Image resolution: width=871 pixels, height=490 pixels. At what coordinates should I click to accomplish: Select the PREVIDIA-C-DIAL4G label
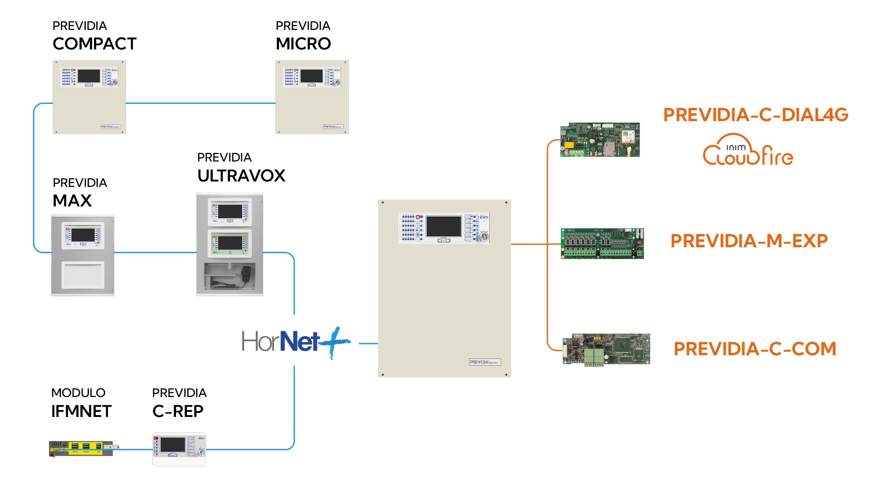756,115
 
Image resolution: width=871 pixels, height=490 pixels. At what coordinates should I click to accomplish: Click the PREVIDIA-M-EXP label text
749,241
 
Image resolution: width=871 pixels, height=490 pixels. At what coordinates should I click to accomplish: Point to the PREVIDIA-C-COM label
755,349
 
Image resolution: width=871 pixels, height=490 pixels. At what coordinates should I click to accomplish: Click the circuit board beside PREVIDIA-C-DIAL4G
600,140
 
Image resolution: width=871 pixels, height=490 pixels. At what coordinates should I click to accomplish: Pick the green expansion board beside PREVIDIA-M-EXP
602,244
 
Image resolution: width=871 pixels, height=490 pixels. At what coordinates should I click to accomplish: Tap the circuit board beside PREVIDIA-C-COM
606,349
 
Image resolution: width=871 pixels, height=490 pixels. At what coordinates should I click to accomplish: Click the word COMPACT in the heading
94,44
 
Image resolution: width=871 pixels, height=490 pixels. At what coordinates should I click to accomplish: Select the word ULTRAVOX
241,176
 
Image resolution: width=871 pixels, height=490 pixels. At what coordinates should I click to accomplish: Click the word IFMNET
81,412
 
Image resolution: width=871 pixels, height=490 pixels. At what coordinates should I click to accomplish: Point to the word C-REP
178,412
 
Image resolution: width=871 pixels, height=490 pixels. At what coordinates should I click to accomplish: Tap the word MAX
72,201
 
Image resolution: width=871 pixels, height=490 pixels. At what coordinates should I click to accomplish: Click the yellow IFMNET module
82,448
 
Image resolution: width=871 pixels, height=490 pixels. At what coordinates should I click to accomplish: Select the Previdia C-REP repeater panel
179,449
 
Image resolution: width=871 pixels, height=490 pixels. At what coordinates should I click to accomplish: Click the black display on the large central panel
444,226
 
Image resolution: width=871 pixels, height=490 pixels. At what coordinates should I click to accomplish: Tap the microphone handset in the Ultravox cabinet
246,274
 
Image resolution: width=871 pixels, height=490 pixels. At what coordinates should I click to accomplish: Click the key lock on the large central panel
484,237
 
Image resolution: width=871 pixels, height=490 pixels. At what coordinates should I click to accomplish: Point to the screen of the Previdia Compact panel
89,76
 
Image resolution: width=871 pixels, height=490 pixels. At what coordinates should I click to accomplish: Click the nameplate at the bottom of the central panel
484,362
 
